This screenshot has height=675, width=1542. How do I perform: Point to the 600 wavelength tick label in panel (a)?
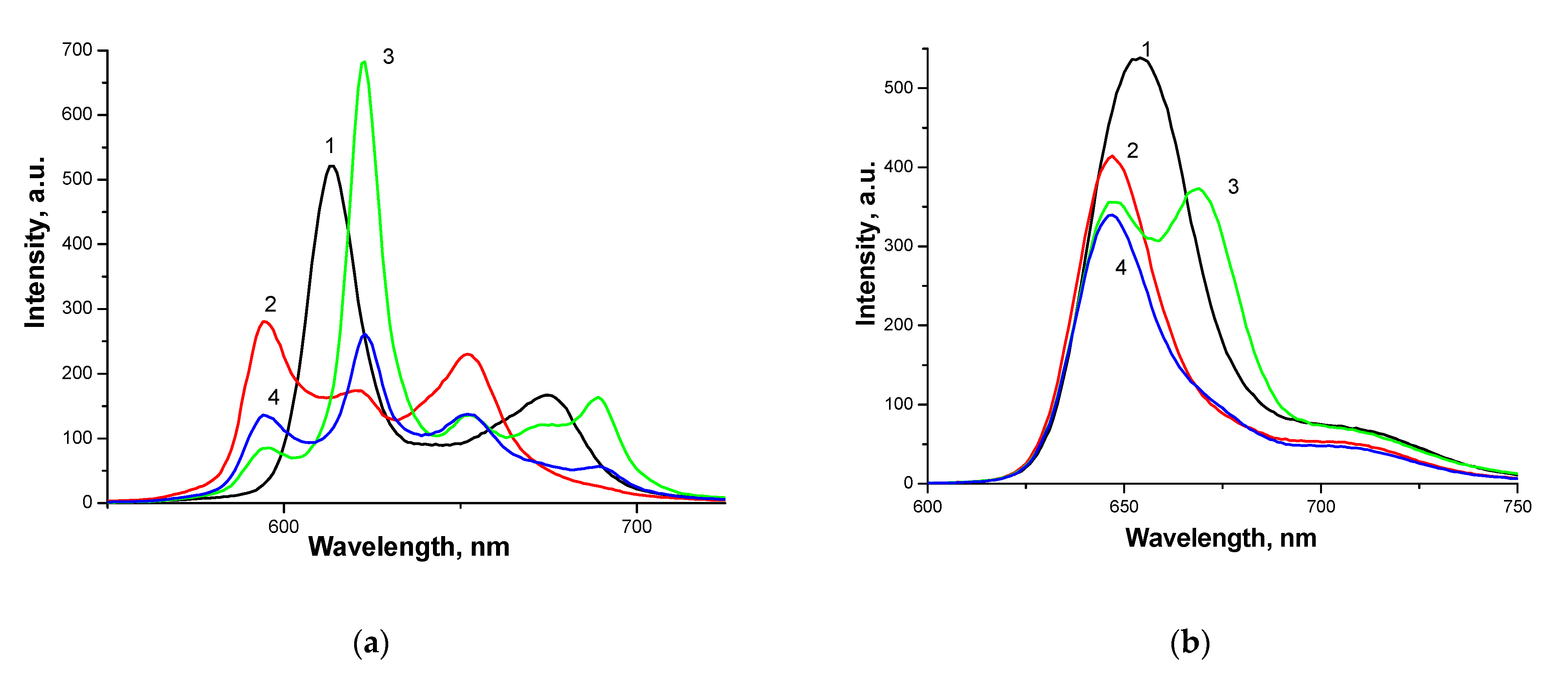[283, 527]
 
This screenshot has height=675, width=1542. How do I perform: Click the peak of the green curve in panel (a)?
[364, 62]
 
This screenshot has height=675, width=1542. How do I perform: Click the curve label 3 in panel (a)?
[389, 57]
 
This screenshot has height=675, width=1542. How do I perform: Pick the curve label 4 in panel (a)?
[274, 397]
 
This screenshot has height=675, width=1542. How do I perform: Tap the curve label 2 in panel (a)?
[271, 304]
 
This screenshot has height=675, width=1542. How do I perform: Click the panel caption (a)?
[371, 643]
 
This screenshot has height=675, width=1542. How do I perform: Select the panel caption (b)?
[1189, 643]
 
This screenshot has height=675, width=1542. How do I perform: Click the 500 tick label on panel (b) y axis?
[898, 88]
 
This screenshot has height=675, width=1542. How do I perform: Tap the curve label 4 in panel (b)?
[1120, 268]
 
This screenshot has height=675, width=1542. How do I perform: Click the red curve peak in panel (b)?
[1112, 156]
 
